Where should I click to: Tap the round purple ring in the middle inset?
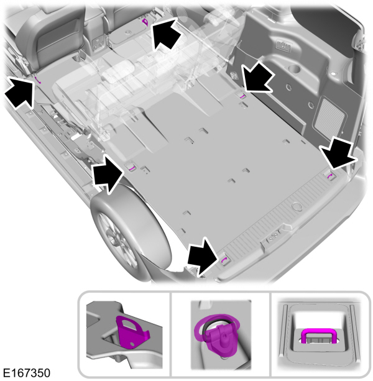[x=219, y=328]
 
